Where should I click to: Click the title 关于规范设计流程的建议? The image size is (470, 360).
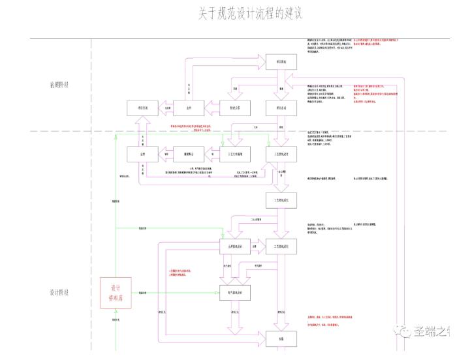[x=251, y=14]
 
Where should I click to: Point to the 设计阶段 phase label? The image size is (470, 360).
[x=59, y=292]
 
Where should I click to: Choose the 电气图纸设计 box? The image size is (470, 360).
[x=236, y=294]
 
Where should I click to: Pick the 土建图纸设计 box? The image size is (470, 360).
[x=236, y=246]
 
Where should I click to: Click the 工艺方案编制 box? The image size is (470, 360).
[x=236, y=154]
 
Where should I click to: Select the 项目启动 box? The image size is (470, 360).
[x=281, y=108]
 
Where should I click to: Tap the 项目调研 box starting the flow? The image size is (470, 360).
[x=281, y=61]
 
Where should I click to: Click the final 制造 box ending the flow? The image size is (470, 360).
[x=281, y=338]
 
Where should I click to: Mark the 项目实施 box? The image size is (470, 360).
[x=142, y=108]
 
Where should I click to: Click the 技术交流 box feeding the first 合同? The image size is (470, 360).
[x=235, y=108]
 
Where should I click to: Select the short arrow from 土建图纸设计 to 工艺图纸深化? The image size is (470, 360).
[x=258, y=246]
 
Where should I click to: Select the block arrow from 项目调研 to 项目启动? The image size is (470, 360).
[x=281, y=85]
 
